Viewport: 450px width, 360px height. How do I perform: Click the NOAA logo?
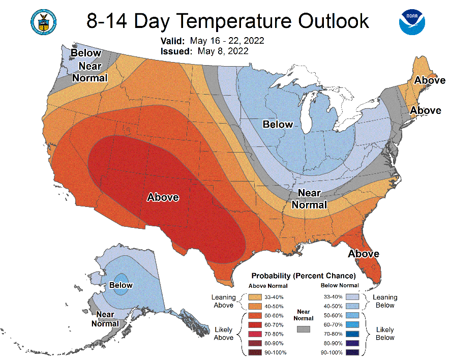[x=412, y=22]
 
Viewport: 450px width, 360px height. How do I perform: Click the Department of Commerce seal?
[x=44, y=22]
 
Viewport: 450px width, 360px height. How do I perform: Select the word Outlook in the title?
[x=334, y=21]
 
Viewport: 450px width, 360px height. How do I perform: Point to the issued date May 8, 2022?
[x=223, y=51]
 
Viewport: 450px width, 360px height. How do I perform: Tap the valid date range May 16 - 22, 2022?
[x=227, y=41]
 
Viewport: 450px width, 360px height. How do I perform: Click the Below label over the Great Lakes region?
[x=278, y=124]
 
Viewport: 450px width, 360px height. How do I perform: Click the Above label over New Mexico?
[x=163, y=197]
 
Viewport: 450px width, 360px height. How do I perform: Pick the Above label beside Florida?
[x=364, y=254]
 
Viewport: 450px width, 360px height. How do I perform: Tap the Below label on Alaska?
[x=121, y=285]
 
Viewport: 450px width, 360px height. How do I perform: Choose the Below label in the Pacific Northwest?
[x=86, y=53]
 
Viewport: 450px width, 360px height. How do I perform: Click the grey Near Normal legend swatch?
[x=304, y=329]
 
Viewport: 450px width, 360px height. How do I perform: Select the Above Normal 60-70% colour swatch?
[x=255, y=325]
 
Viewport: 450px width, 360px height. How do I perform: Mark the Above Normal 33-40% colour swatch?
[x=255, y=297]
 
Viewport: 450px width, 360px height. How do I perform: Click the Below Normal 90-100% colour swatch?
[x=352, y=352]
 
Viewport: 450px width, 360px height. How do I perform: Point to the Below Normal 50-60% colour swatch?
[x=352, y=315]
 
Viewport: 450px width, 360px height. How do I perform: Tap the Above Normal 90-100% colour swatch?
[x=255, y=352]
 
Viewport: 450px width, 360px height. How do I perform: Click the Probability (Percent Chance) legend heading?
[x=304, y=276]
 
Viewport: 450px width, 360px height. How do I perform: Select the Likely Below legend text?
[x=385, y=334]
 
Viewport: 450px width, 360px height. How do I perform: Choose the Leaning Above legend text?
[x=224, y=301]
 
